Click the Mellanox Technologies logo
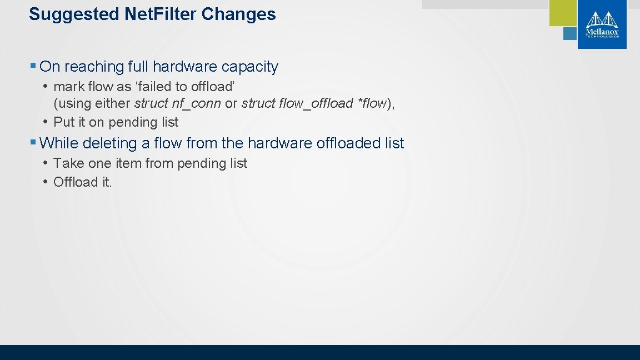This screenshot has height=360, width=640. pyautogui.click(x=602, y=24)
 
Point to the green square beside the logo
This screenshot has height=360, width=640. pyautogui.click(x=563, y=13)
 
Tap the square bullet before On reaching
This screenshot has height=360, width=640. pyautogui.click(x=33, y=67)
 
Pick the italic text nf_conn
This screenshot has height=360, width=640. pyautogui.click(x=195, y=103)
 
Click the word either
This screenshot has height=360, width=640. pyautogui.click(x=114, y=103)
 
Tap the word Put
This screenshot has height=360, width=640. pyautogui.click(x=63, y=122)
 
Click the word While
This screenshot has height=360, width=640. pyautogui.click(x=59, y=143)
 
